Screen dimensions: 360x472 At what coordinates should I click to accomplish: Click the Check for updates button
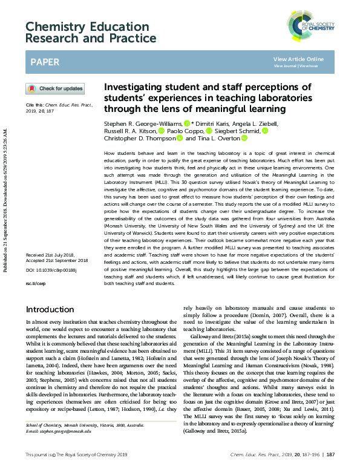[55, 89]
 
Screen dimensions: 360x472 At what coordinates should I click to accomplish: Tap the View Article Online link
[298, 59]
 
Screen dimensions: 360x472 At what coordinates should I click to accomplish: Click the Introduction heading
[50, 309]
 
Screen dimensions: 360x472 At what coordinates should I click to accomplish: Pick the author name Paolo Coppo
[185, 131]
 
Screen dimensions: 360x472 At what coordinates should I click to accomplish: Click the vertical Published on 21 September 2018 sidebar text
[5, 236]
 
